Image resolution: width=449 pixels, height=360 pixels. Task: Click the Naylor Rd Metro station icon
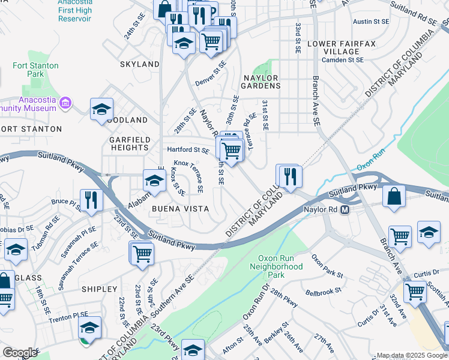click(x=345, y=210)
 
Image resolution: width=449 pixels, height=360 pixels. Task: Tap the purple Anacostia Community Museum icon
click(x=66, y=104)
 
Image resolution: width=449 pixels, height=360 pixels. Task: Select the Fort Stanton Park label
click(x=36, y=70)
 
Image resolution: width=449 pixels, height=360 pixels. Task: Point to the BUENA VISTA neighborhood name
click(x=180, y=209)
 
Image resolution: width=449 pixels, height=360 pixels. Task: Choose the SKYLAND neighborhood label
click(x=140, y=64)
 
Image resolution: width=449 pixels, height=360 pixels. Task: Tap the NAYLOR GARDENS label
click(x=261, y=82)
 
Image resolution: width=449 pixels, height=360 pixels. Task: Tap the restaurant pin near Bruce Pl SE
click(x=90, y=200)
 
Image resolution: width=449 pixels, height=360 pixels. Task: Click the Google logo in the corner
click(x=20, y=353)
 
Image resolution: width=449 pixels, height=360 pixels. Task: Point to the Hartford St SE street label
click(x=188, y=150)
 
